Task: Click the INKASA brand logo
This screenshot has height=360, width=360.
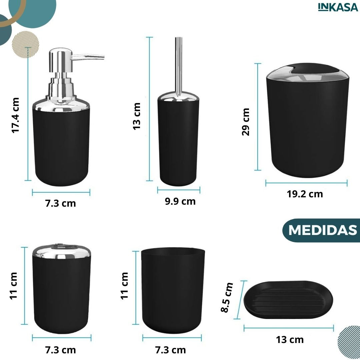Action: click(x=338, y=7)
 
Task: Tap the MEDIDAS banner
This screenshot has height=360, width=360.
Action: click(x=321, y=230)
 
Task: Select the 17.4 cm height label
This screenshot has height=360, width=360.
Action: click(x=16, y=115)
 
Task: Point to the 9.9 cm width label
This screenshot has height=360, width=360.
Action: click(x=180, y=201)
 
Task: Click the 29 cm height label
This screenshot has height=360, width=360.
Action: click(x=246, y=122)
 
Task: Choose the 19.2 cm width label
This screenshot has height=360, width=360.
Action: click(x=305, y=194)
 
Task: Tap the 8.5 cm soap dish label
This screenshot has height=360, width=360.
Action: click(x=227, y=297)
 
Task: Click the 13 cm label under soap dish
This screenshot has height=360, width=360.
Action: click(x=290, y=340)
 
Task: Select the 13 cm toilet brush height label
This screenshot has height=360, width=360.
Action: click(x=137, y=116)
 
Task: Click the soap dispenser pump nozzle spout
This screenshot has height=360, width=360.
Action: click(x=88, y=57)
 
